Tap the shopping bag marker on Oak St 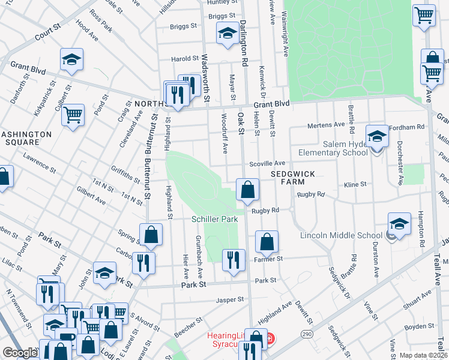[x=247, y=190]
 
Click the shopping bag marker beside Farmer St [x=267, y=242]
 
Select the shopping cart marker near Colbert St [x=73, y=115]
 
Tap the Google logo [x=20, y=353]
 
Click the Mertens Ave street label [x=327, y=125]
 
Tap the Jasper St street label [x=231, y=299]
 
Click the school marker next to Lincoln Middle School [x=400, y=224]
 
